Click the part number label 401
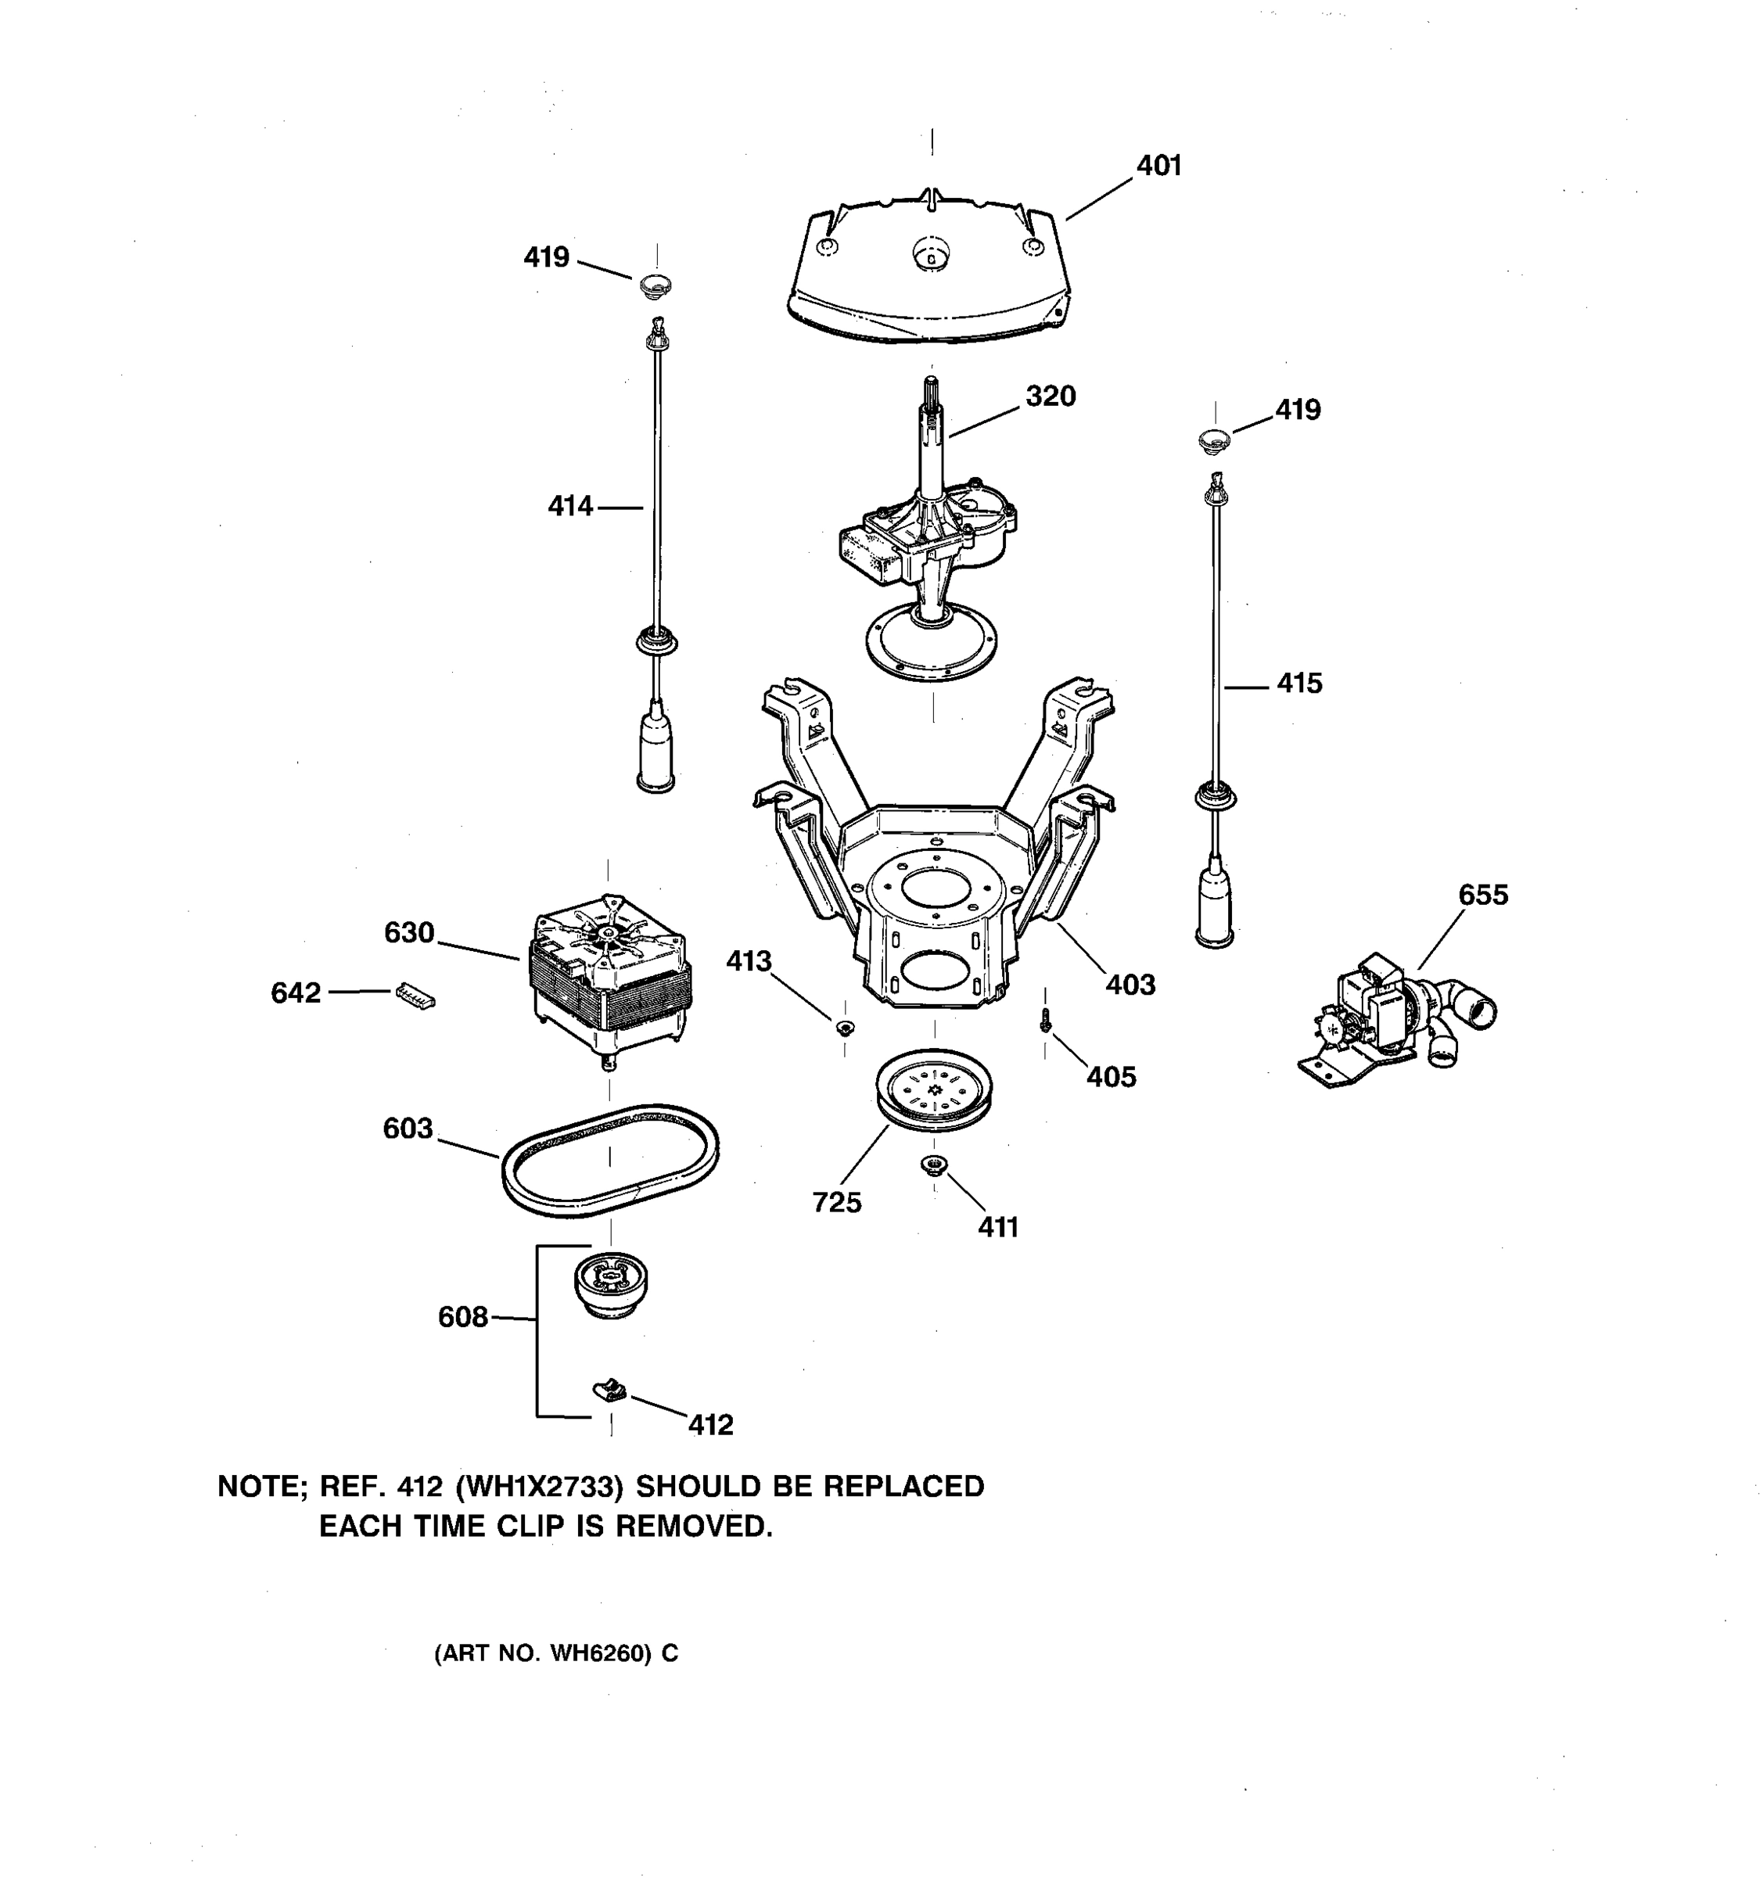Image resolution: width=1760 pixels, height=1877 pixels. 1158,166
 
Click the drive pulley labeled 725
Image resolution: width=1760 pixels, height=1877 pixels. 934,1089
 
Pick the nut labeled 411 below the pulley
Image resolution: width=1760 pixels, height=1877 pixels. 934,1165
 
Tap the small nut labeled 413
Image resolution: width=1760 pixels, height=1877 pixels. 844,1026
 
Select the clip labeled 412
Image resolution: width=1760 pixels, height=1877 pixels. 610,1389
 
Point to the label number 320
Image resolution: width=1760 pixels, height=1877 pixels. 1050,397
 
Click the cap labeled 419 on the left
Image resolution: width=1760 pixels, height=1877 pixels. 656,282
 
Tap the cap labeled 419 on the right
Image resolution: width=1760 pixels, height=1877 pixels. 1214,438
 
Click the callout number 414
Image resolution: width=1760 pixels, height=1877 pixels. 570,507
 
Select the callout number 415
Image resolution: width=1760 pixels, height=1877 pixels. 1299,684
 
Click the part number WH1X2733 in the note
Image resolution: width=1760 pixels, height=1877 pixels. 539,1487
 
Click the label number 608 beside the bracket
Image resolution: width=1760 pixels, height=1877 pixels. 462,1317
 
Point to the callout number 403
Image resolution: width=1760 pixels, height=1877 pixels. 1130,985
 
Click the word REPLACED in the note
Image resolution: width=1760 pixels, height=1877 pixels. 903,1487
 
